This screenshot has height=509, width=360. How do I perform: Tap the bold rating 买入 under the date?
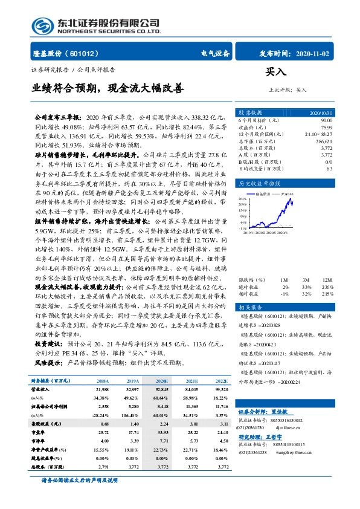pos(275,73)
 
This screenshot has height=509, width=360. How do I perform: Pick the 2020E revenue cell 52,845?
pos(161,390)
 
